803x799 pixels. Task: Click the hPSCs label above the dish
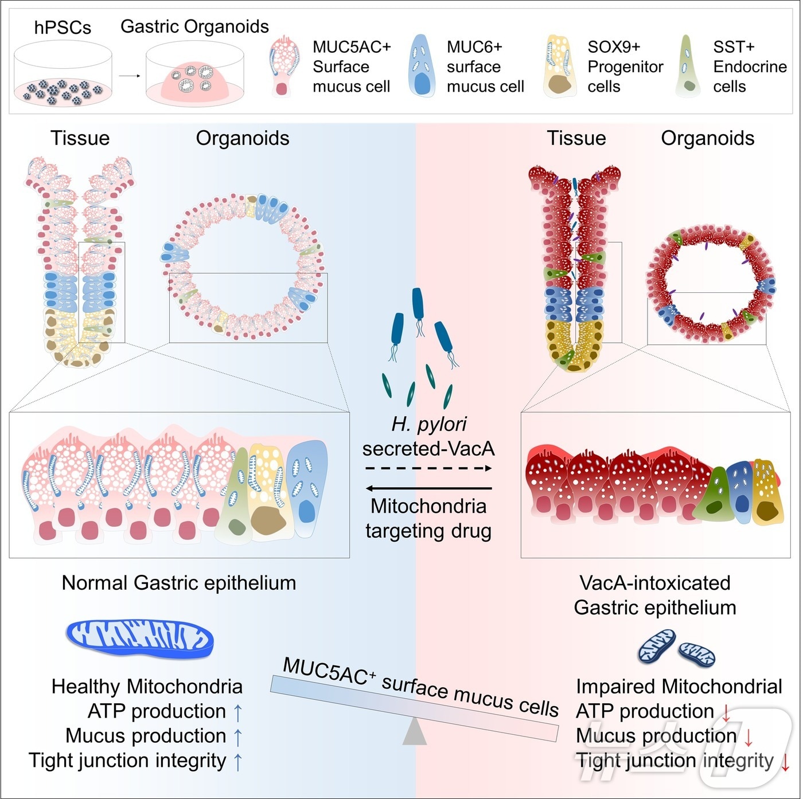tap(63, 28)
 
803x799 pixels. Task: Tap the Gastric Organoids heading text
tap(194, 26)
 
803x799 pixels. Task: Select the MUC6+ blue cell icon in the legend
tap(422, 66)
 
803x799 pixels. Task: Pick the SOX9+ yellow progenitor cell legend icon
tap(559, 66)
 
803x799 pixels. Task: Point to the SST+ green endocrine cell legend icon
tap(688, 66)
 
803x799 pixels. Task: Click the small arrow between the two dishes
tap(130, 76)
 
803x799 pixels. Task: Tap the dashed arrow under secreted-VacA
tap(428, 468)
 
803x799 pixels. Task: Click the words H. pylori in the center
tap(428, 424)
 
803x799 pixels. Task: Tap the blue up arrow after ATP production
tap(238, 712)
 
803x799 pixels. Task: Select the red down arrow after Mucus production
tap(749, 737)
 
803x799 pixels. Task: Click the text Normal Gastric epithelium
tap(179, 583)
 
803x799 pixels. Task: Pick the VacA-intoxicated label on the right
tap(655, 583)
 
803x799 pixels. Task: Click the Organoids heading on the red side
tap(707, 138)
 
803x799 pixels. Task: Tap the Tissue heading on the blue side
tap(80, 138)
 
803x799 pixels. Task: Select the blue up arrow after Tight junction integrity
tap(238, 761)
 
